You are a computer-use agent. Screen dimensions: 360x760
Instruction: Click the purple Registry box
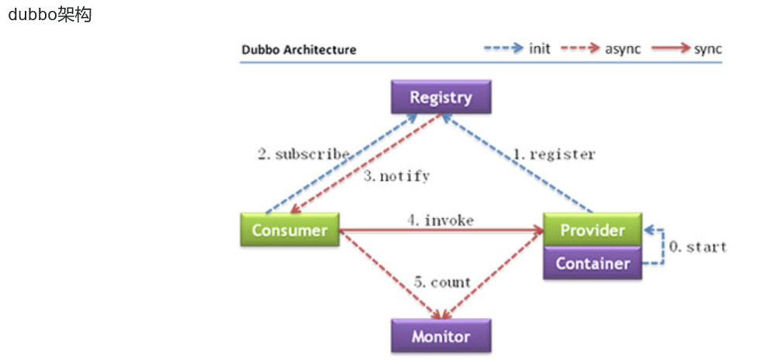click(440, 98)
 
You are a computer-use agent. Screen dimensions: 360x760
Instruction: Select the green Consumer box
click(289, 230)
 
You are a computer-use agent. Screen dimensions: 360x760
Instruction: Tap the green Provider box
click(592, 230)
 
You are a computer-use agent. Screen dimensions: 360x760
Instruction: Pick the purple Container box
click(592, 263)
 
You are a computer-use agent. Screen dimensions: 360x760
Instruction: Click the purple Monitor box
click(440, 337)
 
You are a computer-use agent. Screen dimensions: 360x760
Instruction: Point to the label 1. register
click(554, 154)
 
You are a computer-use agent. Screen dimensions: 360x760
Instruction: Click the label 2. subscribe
click(303, 154)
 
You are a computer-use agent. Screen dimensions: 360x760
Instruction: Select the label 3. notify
click(396, 176)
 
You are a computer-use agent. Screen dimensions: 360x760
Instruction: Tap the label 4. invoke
click(440, 220)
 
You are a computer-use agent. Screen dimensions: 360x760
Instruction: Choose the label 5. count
click(441, 282)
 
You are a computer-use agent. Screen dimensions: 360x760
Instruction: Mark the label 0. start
click(697, 247)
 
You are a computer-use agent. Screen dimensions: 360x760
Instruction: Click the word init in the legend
click(540, 49)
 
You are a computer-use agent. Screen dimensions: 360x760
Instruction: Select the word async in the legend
click(624, 49)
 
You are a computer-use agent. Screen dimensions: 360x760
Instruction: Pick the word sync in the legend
click(708, 49)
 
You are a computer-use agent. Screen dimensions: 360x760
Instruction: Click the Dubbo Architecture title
click(299, 50)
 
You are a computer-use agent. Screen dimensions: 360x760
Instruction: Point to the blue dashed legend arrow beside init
click(504, 48)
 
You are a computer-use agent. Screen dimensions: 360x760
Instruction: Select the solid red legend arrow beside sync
click(672, 48)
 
